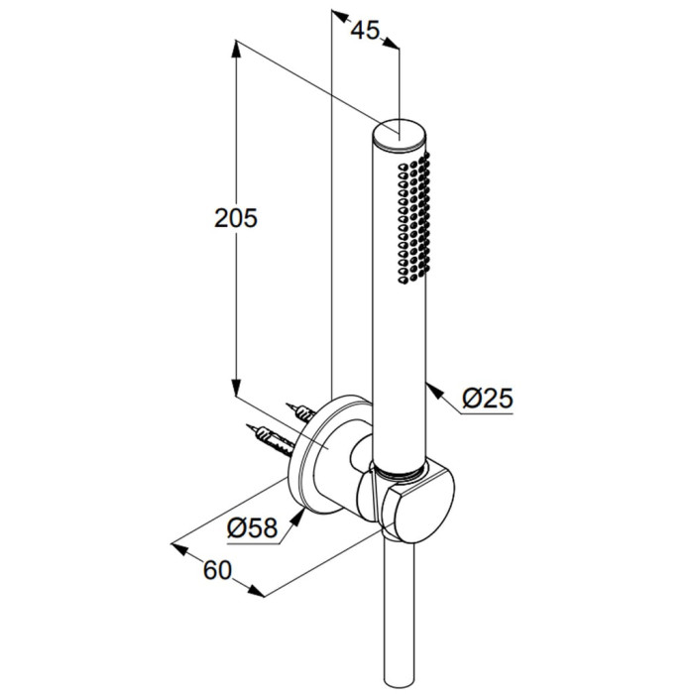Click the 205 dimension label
coord(236,218)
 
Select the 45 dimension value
coord(365,30)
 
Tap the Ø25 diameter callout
coord(488,398)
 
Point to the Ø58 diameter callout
coord(252,527)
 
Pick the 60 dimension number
coord(217,570)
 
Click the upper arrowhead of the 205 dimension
coord(236,49)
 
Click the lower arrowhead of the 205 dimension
coord(236,388)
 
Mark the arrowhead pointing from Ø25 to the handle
coord(434,391)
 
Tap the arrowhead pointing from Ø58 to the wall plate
coord(298,517)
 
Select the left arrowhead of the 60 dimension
coord(179,549)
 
